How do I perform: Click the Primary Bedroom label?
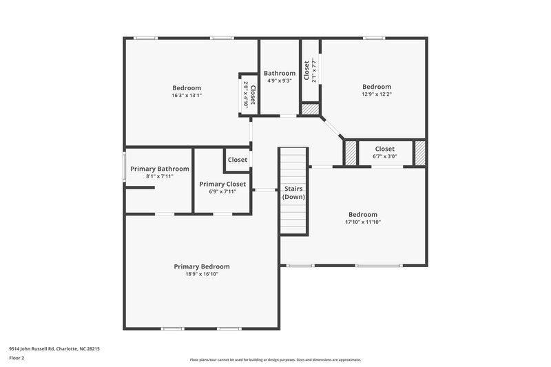202,266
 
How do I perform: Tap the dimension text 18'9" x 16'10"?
202,275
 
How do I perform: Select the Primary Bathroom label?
159,169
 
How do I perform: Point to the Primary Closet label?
222,184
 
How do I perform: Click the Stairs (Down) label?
293,193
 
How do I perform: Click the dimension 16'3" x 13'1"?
187,96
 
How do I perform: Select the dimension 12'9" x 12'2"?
377,94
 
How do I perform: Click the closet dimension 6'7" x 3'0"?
385,156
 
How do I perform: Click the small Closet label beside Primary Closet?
238,160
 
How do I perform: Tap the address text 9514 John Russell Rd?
54,349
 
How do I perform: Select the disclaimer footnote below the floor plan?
275,359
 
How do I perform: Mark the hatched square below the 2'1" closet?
311,109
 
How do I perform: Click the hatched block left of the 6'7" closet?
351,152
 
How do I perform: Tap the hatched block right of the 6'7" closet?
419,152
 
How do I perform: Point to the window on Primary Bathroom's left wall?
124,167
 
